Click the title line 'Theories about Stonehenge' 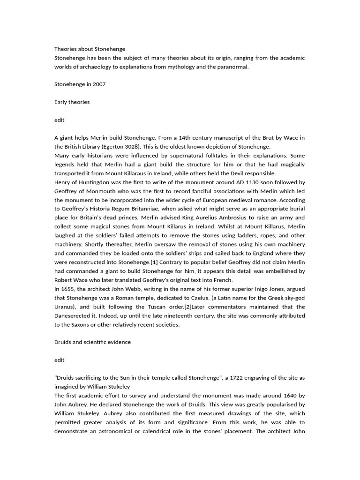pyautogui.click(x=90, y=49)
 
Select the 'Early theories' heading pyautogui.click(x=72, y=102)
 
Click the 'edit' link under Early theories pyautogui.click(x=60, y=120)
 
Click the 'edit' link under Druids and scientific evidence pyautogui.click(x=60, y=360)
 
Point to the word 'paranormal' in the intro pyautogui.click(x=233, y=67)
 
